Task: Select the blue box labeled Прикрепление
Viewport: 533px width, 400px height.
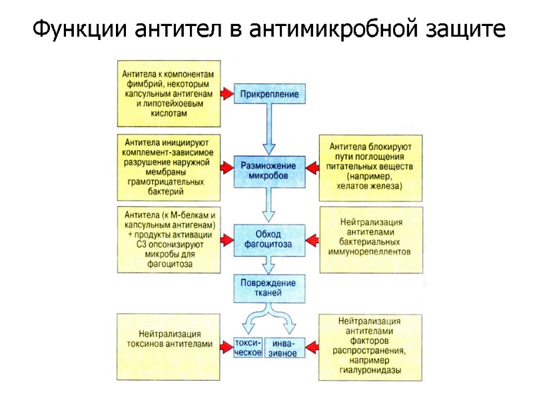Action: (269, 94)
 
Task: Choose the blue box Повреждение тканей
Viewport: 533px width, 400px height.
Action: (268, 287)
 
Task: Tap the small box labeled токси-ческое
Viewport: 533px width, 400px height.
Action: (248, 347)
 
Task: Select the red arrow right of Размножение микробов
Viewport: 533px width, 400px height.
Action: (311, 165)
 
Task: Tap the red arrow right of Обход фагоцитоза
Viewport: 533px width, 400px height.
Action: (311, 236)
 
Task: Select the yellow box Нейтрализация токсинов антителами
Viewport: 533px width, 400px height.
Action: (171, 339)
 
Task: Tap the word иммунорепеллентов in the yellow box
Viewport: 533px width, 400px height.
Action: (370, 252)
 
